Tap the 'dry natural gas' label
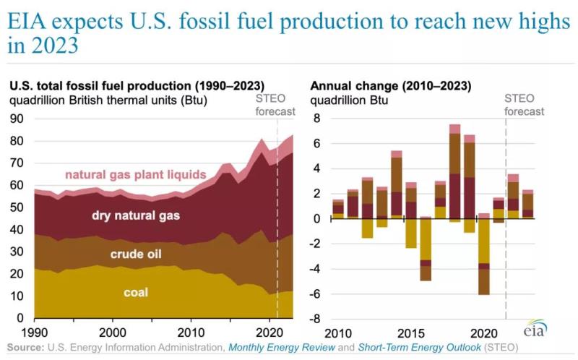click(136, 215)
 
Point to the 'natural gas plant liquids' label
click(136, 174)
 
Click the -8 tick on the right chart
click(316, 318)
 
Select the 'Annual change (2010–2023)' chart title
click(391, 86)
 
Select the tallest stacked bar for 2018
click(454, 173)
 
